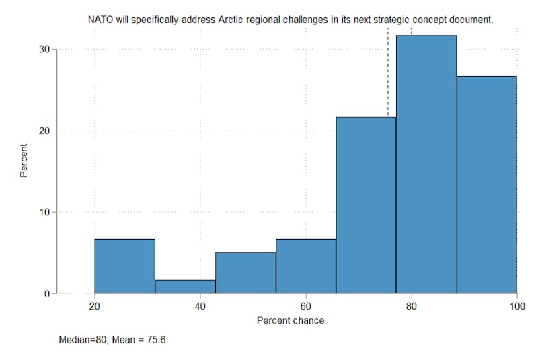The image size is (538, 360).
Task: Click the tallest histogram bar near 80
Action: pos(426,165)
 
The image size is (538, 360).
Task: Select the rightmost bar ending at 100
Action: pos(487,185)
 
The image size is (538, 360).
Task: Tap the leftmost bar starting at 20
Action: pos(124,266)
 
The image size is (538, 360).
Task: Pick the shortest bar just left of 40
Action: pos(185,287)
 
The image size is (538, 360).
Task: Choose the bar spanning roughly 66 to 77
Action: pos(366,205)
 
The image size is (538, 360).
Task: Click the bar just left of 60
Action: pos(306,266)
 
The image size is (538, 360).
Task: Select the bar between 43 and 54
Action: pos(245,273)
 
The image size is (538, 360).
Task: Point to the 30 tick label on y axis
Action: pos(44,49)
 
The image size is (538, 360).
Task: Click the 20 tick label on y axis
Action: pos(44,131)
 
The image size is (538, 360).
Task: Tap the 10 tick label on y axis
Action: pos(44,212)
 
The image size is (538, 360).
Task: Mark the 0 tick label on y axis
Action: pos(46,294)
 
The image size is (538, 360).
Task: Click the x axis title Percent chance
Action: pos(291,320)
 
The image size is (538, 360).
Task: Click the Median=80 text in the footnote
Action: pos(79,340)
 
